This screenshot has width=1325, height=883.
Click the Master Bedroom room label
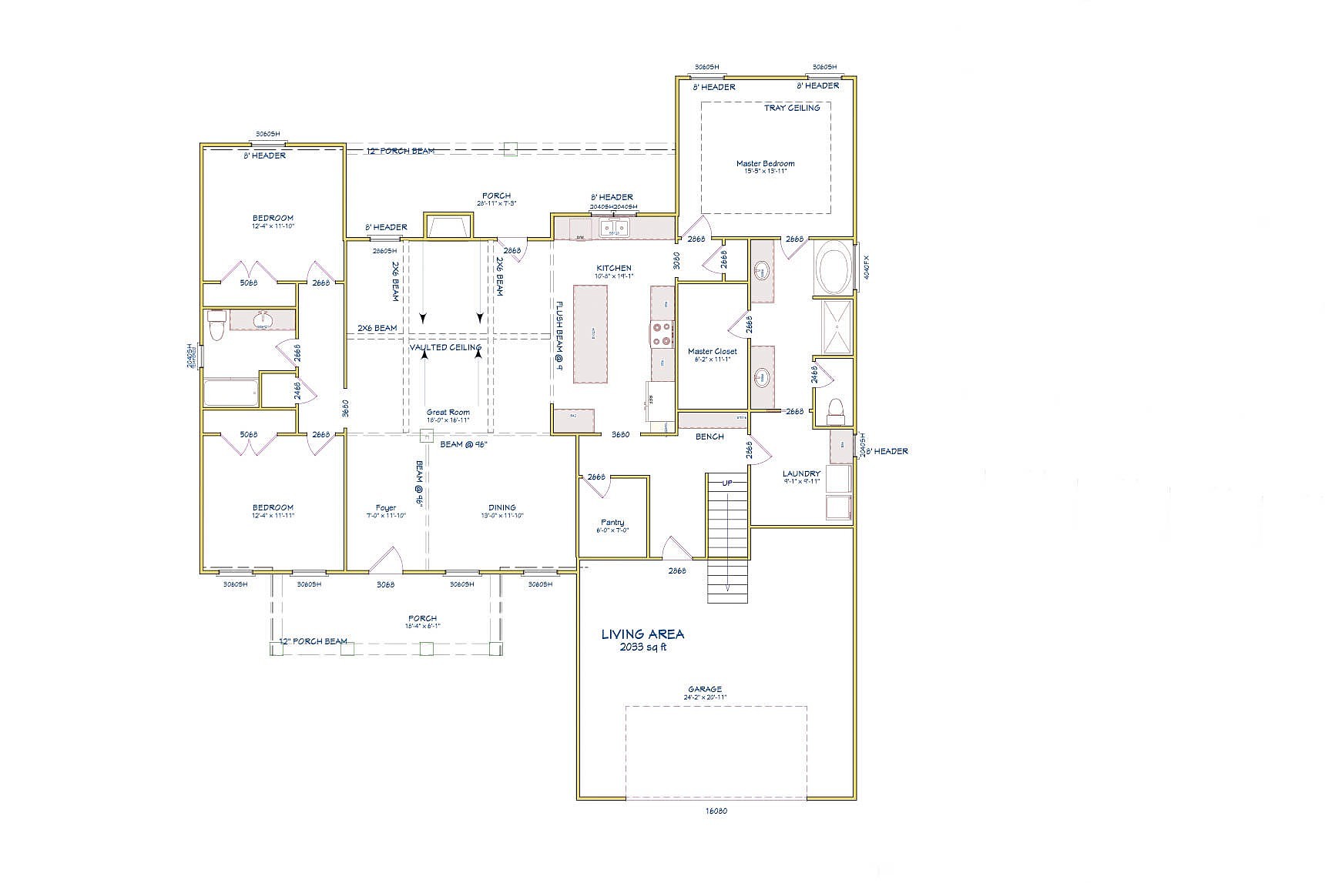[765, 164]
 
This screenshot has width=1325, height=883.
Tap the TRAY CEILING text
[792, 108]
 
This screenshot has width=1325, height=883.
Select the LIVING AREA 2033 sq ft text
[642, 639]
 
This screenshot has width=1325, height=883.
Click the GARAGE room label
[705, 690]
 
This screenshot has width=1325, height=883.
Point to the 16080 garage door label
[716, 811]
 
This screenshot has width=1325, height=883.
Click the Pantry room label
[612, 523]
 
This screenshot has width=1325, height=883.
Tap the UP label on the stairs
[726, 483]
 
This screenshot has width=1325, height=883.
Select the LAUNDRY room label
[801, 474]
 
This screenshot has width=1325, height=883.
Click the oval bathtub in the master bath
[834, 269]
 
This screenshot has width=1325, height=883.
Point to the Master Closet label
[712, 352]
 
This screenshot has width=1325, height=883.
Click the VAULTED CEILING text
[445, 347]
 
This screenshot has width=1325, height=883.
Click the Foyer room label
[385, 508]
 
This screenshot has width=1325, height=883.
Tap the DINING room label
[501, 508]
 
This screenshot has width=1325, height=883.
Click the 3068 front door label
[385, 584]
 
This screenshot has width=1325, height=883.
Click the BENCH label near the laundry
[709, 436]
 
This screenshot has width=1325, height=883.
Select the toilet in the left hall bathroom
[216, 325]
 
